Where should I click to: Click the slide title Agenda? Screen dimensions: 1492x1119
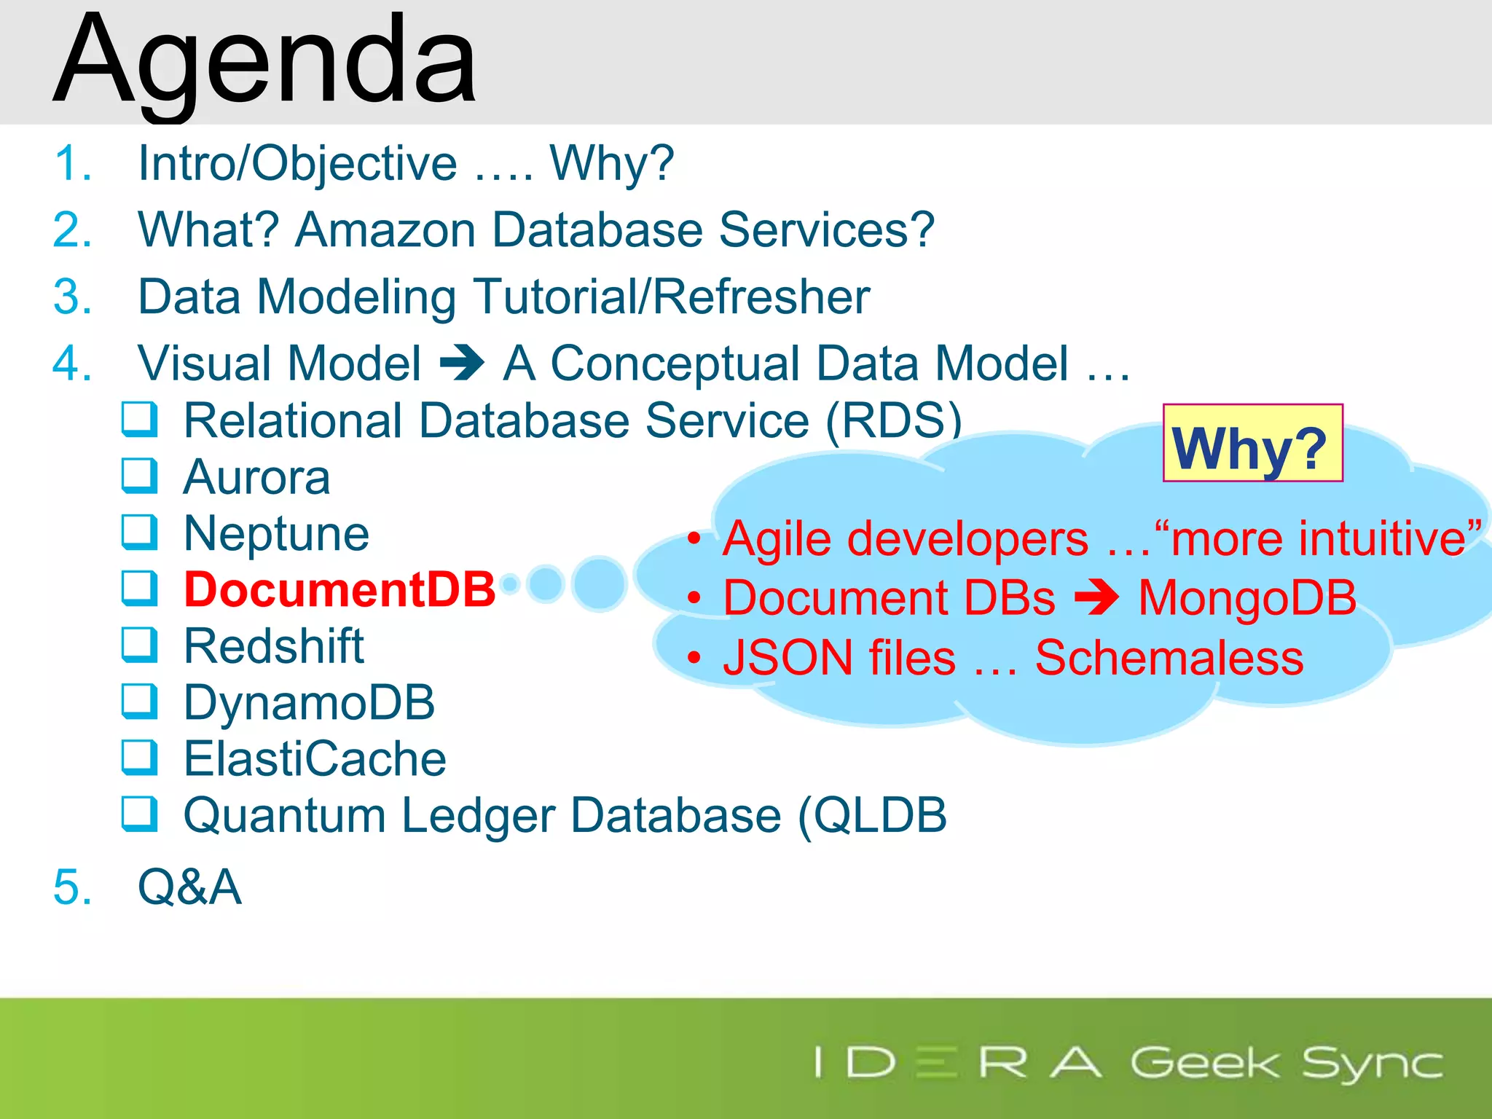(x=265, y=62)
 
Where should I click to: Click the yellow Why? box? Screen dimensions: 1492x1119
(x=1252, y=444)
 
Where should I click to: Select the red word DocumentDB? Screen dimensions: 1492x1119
(x=339, y=589)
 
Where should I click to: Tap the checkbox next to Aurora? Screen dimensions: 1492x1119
(x=138, y=476)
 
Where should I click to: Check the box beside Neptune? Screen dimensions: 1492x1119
(x=138, y=533)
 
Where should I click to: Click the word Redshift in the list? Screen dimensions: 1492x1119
(x=273, y=646)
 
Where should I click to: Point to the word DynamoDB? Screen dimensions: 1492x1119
(x=309, y=702)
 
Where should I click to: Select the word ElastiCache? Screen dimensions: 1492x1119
(x=315, y=758)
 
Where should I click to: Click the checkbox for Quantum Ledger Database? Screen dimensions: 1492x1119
(x=138, y=814)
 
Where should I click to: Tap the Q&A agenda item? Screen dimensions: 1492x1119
(x=189, y=887)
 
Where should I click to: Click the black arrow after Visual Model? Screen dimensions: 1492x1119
(x=462, y=363)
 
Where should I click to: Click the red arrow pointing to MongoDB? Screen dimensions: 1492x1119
(x=1096, y=598)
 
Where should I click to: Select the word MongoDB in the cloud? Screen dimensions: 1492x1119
(x=1247, y=598)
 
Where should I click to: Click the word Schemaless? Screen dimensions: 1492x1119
(x=1169, y=658)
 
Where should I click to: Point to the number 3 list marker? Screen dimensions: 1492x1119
(x=72, y=297)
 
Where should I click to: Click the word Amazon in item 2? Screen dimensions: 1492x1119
(x=385, y=230)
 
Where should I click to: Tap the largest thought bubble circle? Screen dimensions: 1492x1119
(x=599, y=584)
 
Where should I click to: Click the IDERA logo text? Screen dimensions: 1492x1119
(x=959, y=1063)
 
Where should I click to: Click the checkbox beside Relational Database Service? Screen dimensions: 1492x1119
(x=138, y=420)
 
